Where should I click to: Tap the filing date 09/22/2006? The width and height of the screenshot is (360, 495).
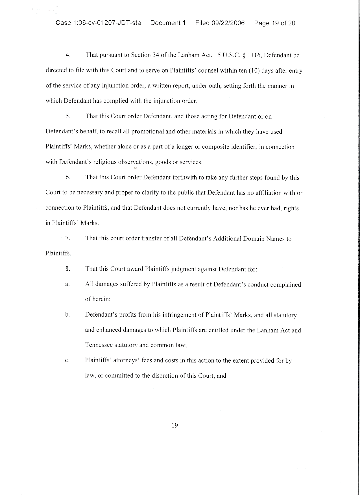tap(228, 23)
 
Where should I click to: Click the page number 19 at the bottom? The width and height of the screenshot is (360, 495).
tap(175, 425)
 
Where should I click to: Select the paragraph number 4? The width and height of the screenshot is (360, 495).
tap(68, 55)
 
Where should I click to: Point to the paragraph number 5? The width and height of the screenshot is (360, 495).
tap(68, 116)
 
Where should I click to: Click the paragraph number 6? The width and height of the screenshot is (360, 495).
tap(68, 177)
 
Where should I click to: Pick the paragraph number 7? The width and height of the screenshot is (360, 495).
tap(68, 238)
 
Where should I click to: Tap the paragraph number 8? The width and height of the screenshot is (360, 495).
tap(68, 269)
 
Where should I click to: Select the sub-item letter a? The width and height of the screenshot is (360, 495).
tap(67, 284)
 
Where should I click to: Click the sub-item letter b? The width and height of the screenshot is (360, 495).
tap(67, 315)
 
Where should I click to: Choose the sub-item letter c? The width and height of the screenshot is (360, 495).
tap(67, 361)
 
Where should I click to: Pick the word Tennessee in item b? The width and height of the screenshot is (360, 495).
tap(99, 345)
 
